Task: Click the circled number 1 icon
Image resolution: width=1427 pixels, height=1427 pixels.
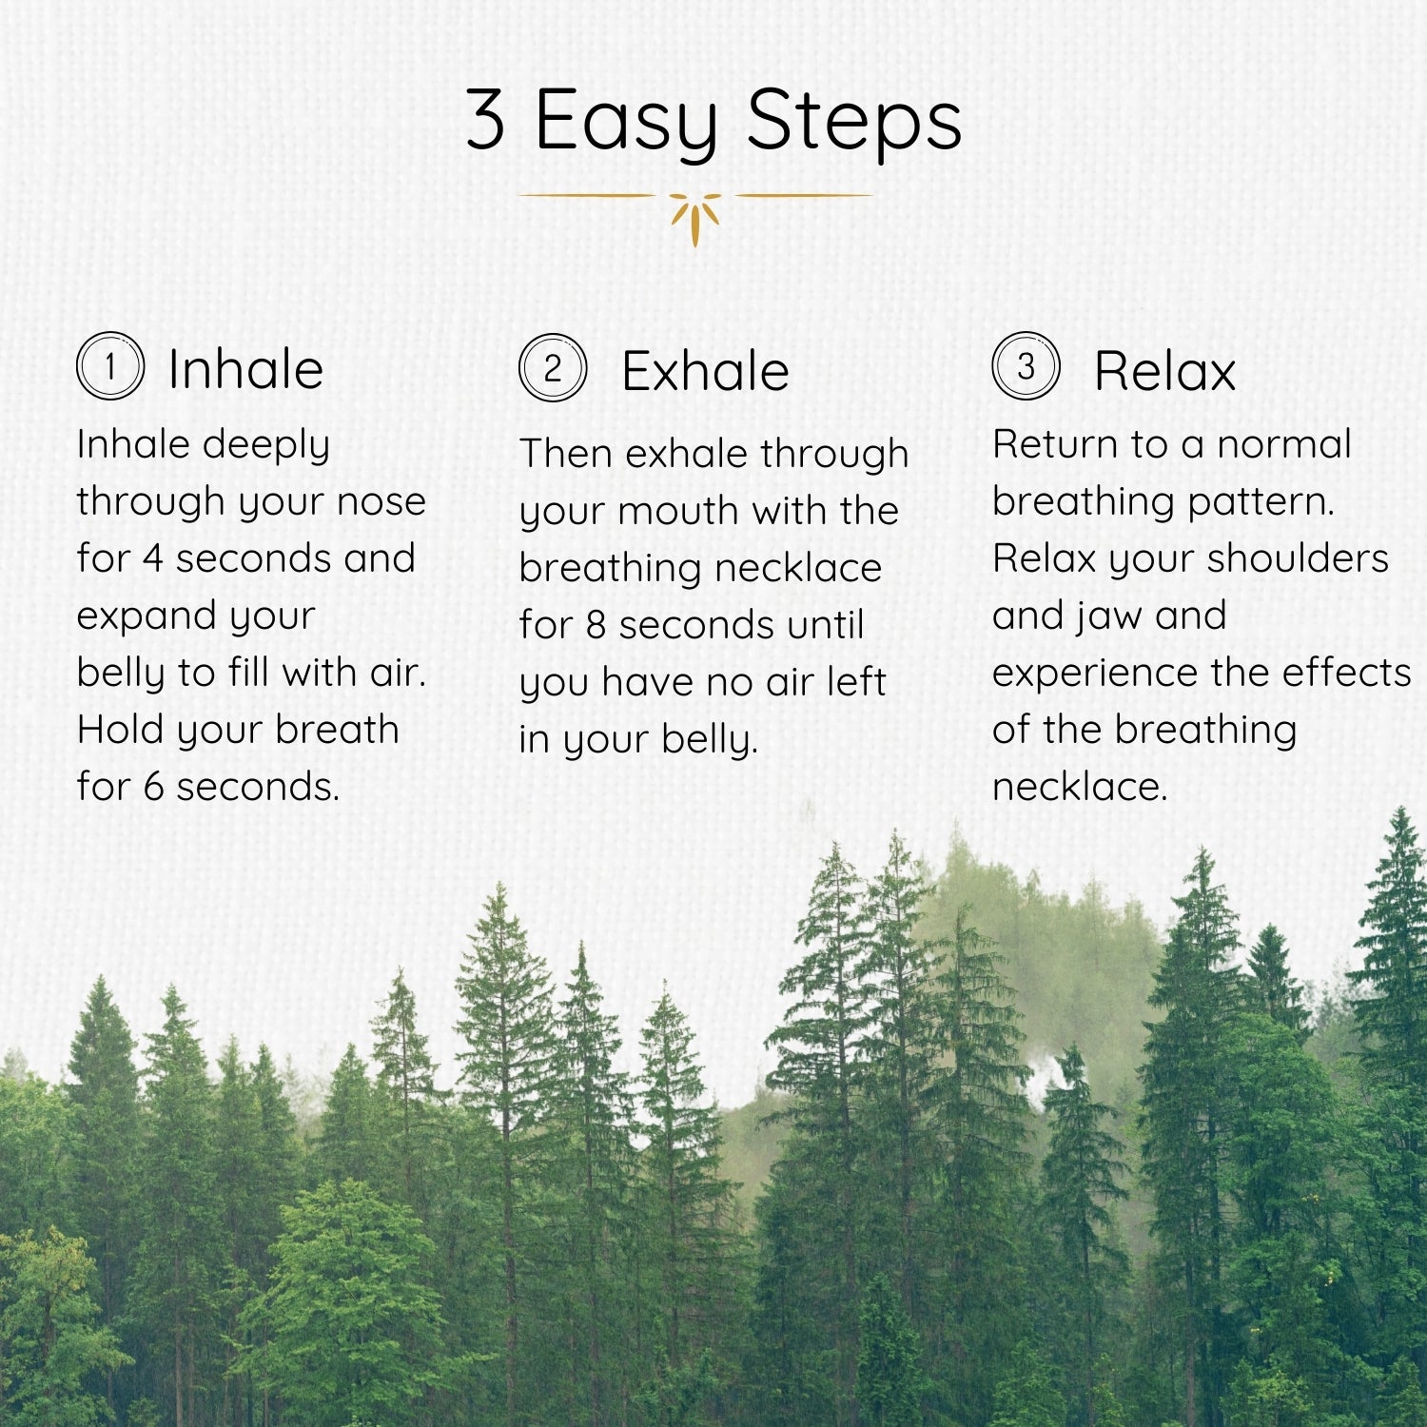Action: [110, 366]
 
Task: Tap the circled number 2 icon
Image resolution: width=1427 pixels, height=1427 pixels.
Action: [553, 368]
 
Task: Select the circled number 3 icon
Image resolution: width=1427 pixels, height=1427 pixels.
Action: [1026, 366]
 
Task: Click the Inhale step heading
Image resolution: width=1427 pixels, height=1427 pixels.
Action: [245, 369]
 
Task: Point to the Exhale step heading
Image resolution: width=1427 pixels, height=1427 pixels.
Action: [705, 371]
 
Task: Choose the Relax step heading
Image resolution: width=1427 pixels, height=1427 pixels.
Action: [1164, 371]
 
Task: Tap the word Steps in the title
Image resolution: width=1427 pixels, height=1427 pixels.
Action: [853, 122]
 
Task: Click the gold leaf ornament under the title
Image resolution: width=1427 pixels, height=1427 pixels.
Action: [694, 217]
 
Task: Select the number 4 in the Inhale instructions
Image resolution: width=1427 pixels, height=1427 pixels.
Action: [152, 558]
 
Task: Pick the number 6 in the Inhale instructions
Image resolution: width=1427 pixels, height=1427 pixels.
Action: [153, 787]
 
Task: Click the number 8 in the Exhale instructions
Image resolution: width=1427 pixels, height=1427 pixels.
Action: [596, 625]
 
